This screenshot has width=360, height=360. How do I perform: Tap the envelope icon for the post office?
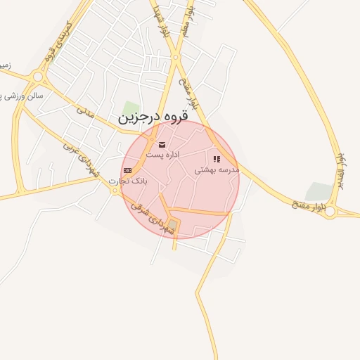click(162, 144)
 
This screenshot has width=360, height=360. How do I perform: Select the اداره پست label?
click(163, 154)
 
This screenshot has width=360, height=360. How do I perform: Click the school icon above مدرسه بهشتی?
click(217, 160)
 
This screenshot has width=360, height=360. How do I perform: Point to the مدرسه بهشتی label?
click(217, 169)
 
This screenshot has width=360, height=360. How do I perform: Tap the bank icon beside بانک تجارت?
click(127, 170)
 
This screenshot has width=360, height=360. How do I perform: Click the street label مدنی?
click(85, 111)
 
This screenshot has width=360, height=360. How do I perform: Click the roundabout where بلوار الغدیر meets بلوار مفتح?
click(330, 211)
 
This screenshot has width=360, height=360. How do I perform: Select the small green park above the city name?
click(131, 107)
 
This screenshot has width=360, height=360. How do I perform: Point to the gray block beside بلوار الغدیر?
click(320, 191)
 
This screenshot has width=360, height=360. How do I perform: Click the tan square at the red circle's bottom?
click(173, 225)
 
